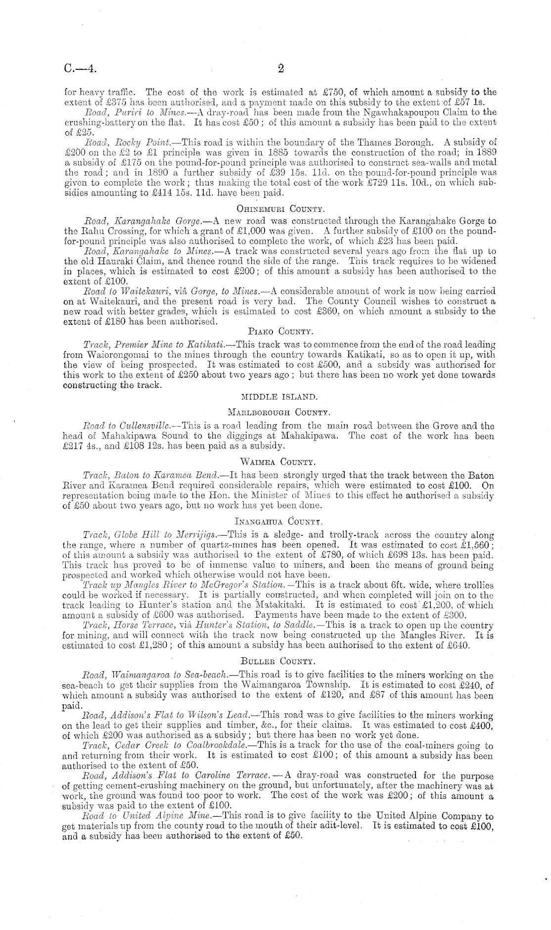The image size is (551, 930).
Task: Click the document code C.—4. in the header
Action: pos(81,69)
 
